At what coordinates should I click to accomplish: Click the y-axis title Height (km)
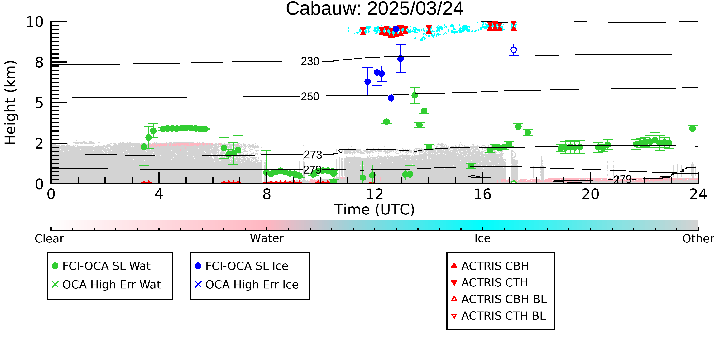(x=10, y=103)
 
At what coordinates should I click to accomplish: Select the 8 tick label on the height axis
(x=39, y=62)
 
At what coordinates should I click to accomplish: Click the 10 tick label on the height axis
(x=35, y=22)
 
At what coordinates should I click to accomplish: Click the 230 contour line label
(x=310, y=61)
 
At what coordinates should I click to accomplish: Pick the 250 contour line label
(x=310, y=96)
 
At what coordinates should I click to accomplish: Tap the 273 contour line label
(x=313, y=155)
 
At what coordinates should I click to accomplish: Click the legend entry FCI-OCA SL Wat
(x=106, y=266)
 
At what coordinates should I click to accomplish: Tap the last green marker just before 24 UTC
(x=692, y=129)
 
